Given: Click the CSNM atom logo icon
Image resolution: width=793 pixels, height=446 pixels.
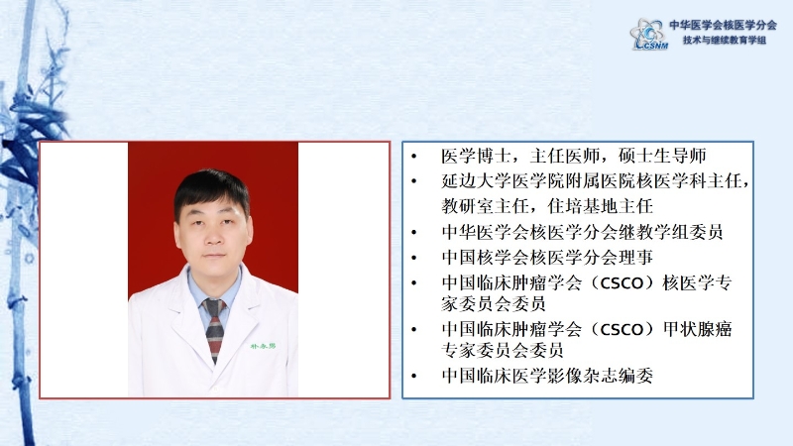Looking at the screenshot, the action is (x=649, y=34).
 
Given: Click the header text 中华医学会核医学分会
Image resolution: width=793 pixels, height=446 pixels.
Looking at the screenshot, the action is (x=723, y=25).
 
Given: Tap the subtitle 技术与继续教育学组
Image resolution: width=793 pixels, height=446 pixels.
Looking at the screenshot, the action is (x=725, y=40).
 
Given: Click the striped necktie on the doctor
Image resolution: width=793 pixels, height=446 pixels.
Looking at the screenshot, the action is (x=214, y=329).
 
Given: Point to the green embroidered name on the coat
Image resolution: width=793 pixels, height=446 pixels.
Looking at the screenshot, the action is (x=263, y=346).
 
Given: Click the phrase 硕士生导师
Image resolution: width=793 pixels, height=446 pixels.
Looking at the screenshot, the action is (x=662, y=156).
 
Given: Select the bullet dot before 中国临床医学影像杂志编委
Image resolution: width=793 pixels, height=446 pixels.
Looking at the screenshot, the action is (x=414, y=377).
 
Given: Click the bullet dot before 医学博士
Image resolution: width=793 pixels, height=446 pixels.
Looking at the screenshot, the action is (x=414, y=157).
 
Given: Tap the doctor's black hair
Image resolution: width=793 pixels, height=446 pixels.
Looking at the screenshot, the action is (x=211, y=189).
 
